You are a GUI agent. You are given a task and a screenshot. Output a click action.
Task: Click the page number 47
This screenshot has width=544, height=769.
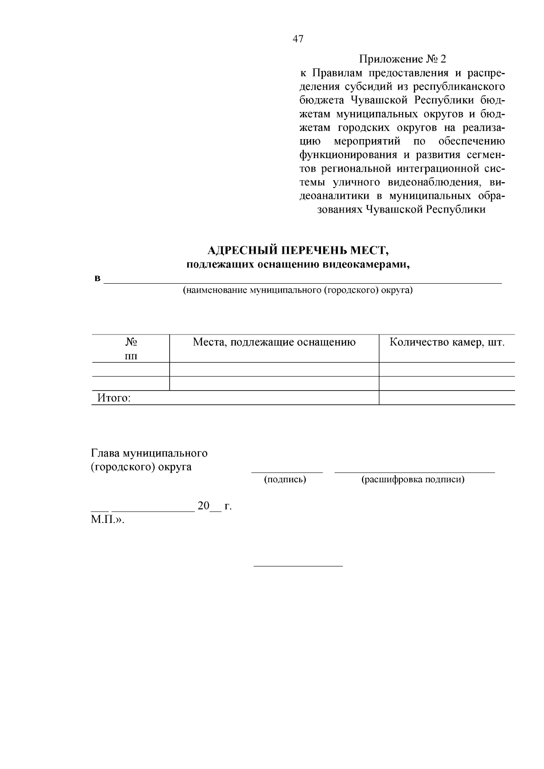point(298,39)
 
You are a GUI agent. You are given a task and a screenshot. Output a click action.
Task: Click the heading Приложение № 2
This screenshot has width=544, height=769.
point(403,59)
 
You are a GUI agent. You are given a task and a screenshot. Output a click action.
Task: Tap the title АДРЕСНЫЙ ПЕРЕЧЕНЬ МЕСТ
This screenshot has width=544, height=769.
point(298,250)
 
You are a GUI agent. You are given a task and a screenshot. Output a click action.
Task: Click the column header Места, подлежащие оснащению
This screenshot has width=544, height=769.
point(274,342)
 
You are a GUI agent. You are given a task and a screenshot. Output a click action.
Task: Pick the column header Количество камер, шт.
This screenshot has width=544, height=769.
point(447,342)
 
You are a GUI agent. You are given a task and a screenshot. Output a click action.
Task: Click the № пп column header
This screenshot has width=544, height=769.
point(131,348)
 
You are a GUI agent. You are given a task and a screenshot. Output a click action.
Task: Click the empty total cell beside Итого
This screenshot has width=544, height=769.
point(447,398)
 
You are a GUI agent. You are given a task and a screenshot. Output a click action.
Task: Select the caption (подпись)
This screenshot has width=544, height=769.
point(285,479)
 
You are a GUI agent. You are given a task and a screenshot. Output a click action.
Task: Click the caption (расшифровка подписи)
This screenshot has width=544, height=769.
point(413,479)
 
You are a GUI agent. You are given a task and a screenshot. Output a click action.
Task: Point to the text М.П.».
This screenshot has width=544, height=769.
point(107,519)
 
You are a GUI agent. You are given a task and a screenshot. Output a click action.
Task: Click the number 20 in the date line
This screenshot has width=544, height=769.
point(204,506)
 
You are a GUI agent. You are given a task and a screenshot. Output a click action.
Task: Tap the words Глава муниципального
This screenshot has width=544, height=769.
point(149,453)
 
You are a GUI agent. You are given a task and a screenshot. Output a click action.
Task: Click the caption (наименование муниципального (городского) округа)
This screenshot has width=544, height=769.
point(297,290)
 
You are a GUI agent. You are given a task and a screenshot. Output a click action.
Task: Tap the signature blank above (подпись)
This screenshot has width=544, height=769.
point(287,472)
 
